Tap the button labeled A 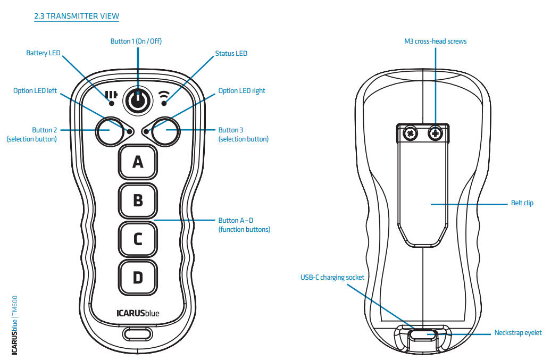click(138, 162)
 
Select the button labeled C click(138, 239)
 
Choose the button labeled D click(138, 277)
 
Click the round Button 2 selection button click(110, 130)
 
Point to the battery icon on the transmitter click(111, 95)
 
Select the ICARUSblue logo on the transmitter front click(138, 313)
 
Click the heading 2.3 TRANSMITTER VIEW click(76, 16)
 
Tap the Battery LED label click(43, 53)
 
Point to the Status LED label click(231, 53)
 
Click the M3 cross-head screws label click(436, 41)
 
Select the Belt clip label click(521, 203)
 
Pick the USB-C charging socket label click(332, 277)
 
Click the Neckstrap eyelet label click(518, 333)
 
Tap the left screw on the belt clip click(410, 133)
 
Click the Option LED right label click(241, 91)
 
